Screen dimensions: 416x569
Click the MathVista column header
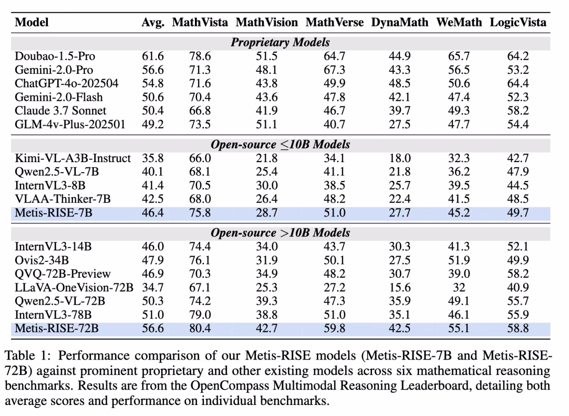[x=200, y=23]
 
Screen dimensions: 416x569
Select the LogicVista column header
[x=518, y=23]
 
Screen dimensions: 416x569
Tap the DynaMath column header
[x=400, y=23]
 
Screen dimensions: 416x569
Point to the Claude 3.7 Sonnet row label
[x=61, y=111]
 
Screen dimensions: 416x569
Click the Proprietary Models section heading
[x=280, y=42]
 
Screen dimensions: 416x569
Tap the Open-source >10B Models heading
[x=280, y=233]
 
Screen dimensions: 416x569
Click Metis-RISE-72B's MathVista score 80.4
[x=200, y=328]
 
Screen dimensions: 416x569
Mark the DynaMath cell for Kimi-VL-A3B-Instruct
[x=400, y=158]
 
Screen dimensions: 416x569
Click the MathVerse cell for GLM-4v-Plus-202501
[x=335, y=125]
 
